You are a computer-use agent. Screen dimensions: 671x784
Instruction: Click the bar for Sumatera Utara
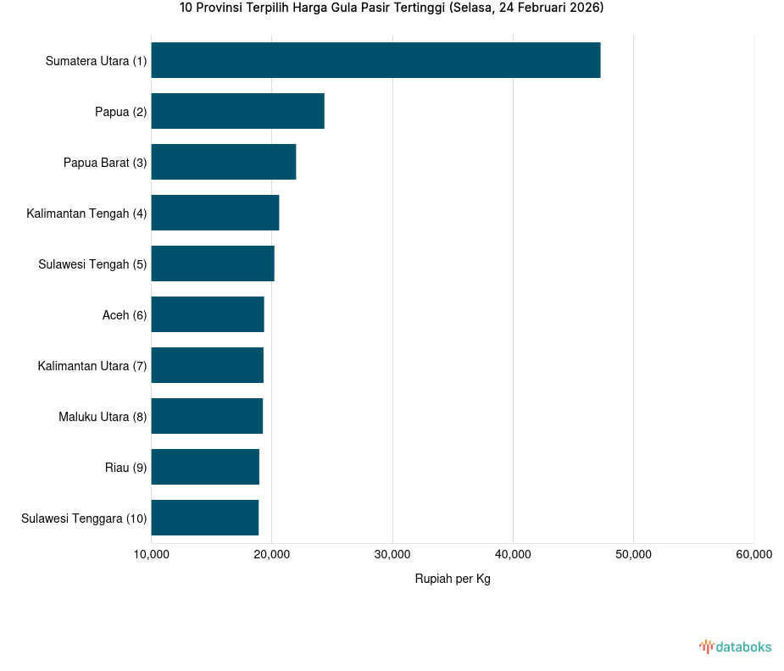point(375,60)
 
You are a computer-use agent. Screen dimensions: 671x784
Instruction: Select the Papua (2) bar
point(237,111)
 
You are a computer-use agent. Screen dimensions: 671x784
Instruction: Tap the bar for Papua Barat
point(223,162)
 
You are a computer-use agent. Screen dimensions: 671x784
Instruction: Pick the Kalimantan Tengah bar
point(214,213)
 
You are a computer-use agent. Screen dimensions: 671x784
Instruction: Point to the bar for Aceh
point(208,314)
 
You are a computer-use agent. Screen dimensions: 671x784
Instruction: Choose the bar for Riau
point(205,467)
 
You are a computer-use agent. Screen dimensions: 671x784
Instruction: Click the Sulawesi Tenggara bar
point(204,518)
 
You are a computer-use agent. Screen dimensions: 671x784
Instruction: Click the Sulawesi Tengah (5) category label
point(92,264)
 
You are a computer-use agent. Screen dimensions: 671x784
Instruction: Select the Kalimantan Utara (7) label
point(92,366)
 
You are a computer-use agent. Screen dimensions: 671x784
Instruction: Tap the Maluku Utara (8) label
point(103,417)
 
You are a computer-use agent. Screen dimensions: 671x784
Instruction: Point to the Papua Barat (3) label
point(105,163)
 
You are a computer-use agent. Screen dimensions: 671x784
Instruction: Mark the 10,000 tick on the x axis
point(151,555)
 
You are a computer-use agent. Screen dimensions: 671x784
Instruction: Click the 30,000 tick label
point(392,555)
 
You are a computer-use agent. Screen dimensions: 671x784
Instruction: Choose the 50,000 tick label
point(633,555)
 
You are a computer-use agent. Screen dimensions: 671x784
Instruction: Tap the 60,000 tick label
point(753,555)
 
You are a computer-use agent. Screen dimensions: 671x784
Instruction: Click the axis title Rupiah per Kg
point(453,579)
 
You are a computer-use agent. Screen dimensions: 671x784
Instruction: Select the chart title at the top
point(392,8)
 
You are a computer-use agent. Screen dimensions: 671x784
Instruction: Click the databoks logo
point(736,647)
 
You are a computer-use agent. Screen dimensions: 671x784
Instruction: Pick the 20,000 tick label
point(271,555)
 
